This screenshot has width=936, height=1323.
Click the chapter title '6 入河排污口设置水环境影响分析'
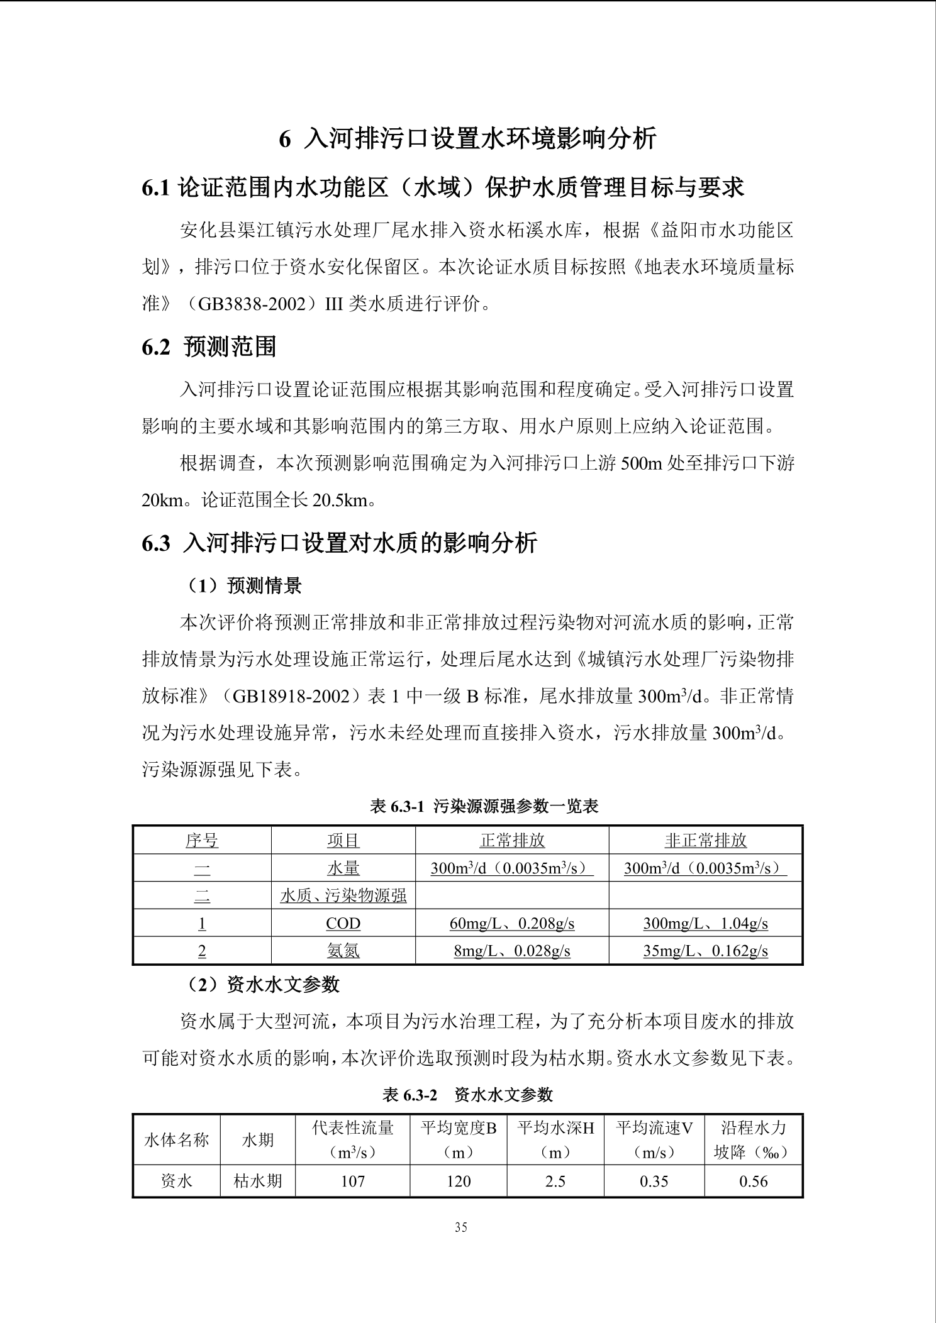467,138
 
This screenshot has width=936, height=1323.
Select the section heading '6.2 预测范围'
209,346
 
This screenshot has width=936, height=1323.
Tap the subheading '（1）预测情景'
243,585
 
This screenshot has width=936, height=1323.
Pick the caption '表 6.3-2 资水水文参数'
467,1095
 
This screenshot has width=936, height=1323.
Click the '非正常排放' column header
705,840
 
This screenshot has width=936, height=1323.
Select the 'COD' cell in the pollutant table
343,923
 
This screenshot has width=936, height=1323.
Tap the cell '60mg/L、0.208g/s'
511,923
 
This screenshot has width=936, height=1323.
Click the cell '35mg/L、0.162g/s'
705,951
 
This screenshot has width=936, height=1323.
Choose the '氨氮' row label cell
343,951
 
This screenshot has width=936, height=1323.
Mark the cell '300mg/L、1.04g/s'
705,923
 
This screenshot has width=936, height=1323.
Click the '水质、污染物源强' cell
343,895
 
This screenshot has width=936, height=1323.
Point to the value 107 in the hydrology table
352,1181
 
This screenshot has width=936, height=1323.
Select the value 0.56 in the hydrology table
753,1181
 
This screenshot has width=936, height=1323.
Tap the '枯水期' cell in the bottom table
257,1181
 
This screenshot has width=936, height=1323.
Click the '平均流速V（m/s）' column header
654,1139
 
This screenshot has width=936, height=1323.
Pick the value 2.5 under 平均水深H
555,1181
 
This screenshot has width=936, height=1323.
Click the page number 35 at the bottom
460,1227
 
